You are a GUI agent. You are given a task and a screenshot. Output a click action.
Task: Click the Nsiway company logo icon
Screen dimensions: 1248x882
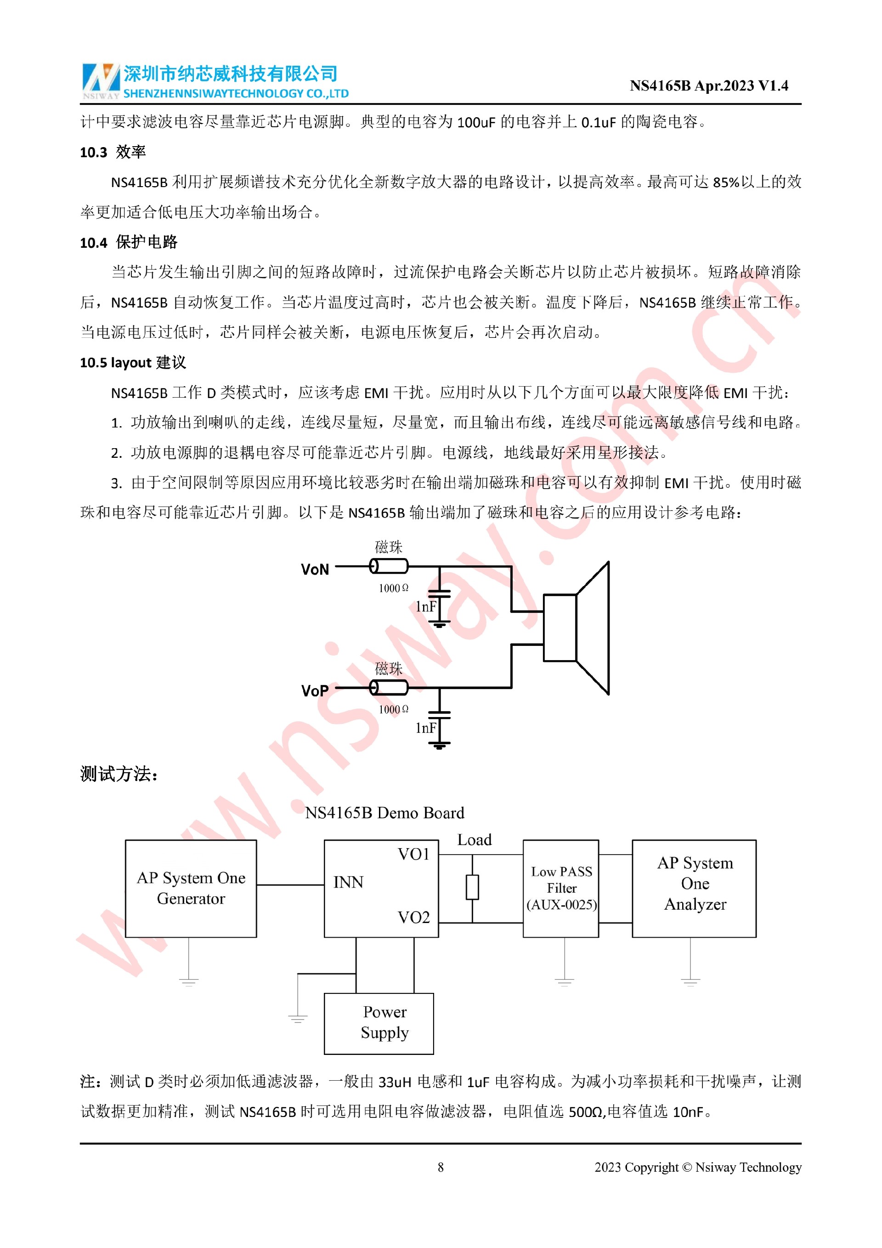tap(101, 80)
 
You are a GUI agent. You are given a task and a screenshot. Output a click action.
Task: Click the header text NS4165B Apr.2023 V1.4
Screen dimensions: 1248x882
tap(708, 86)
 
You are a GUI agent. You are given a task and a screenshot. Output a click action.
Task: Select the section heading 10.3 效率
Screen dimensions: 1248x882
tap(113, 152)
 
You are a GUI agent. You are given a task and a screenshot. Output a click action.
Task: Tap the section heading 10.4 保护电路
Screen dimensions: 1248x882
tap(129, 242)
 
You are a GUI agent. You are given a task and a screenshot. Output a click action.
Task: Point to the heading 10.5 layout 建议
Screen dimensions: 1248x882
tap(133, 363)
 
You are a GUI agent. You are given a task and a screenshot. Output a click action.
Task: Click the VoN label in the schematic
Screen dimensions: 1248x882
tap(315, 570)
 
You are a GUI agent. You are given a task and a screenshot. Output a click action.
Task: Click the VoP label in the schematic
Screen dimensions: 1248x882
tap(315, 691)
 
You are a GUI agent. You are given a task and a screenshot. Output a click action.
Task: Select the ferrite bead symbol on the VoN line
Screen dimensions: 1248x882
tap(389, 566)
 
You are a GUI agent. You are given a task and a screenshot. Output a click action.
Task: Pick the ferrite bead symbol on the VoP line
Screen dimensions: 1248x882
tap(389, 688)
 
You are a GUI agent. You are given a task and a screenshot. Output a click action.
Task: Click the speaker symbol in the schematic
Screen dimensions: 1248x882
tap(577, 628)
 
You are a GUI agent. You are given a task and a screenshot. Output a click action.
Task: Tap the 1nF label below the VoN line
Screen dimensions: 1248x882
tap(426, 607)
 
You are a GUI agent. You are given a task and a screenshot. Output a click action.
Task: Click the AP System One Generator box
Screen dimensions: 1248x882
tap(191, 888)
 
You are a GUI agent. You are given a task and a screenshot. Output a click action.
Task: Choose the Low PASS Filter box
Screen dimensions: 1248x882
tap(561, 888)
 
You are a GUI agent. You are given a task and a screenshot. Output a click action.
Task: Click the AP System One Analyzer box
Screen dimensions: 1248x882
tap(694, 888)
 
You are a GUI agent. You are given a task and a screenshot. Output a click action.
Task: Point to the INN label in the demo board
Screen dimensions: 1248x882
tap(348, 882)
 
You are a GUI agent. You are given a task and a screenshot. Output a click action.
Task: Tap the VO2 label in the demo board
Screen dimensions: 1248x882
tap(414, 917)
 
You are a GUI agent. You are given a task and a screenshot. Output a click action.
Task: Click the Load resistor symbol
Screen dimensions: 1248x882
tap(473, 887)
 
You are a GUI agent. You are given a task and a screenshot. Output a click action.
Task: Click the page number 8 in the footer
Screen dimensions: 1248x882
tap(441, 1167)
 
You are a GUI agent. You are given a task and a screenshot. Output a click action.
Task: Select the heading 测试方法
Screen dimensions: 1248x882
tap(119, 774)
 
